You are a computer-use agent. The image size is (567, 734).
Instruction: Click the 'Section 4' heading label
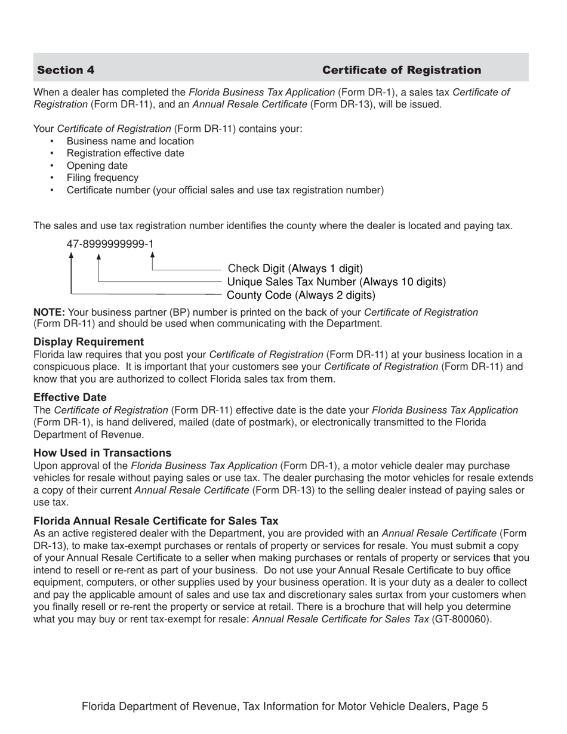click(x=66, y=70)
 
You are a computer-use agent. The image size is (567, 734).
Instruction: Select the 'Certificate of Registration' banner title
click(x=401, y=70)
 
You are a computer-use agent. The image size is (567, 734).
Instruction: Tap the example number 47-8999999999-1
click(x=110, y=244)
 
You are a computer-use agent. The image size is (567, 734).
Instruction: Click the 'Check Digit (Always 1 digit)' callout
click(x=295, y=269)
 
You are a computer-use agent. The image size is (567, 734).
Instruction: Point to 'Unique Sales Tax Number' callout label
click(x=337, y=282)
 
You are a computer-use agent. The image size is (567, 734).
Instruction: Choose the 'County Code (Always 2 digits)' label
click(x=301, y=295)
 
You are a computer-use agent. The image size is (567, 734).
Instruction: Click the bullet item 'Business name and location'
click(x=130, y=141)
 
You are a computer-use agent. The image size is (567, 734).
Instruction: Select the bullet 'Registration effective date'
click(x=125, y=153)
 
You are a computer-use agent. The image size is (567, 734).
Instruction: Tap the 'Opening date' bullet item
click(x=97, y=166)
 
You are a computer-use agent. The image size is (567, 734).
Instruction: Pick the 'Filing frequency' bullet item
click(x=102, y=178)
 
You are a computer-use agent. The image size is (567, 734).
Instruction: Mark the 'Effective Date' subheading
click(x=70, y=397)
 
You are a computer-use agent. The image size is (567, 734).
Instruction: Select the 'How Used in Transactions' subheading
click(x=102, y=453)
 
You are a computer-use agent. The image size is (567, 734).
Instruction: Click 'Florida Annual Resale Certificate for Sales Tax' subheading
click(x=156, y=521)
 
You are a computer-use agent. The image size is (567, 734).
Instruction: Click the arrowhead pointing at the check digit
click(x=153, y=255)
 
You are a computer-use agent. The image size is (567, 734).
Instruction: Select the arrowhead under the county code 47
click(x=72, y=255)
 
